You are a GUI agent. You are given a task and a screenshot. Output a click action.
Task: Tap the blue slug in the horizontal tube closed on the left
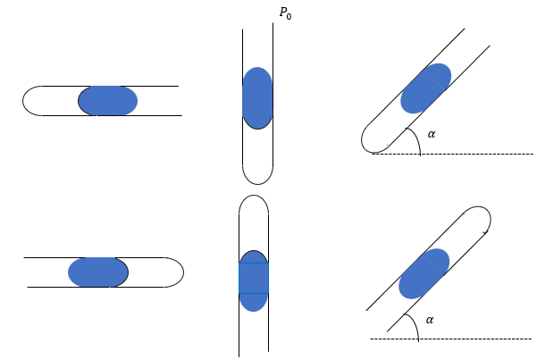(108, 100)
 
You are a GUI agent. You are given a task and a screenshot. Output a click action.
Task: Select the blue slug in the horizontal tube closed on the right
(97, 272)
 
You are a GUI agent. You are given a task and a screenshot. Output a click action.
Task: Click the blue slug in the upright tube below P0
(257, 97)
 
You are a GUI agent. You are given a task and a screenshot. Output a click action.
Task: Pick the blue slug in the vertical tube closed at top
(254, 280)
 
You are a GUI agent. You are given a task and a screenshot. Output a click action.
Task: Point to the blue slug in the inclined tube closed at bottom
(425, 88)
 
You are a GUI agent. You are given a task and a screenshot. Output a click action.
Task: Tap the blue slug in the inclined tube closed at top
(424, 273)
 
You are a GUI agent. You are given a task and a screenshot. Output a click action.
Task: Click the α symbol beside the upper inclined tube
(432, 134)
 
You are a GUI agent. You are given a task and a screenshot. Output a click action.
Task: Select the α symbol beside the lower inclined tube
(430, 319)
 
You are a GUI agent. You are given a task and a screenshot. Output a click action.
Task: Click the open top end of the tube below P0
(257, 32)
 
